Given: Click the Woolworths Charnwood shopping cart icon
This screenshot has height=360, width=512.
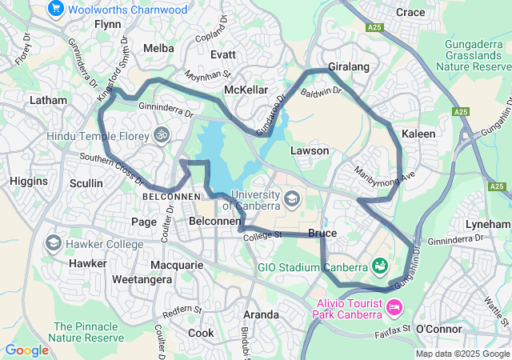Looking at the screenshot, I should (55, 9).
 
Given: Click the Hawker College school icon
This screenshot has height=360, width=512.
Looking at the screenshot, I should (54, 242).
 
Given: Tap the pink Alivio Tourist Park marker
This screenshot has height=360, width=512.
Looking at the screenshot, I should (394, 306).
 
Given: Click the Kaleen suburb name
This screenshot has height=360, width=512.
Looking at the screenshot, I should (418, 134).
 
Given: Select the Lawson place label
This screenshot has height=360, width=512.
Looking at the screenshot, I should (310, 150).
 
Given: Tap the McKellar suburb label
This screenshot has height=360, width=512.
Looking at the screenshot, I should (246, 90).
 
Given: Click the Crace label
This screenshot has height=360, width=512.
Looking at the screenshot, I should (410, 12).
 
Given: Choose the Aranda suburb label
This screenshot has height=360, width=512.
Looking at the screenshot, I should (261, 314).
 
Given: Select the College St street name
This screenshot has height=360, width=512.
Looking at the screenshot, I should (264, 235).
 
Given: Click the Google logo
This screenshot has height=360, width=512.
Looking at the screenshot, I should (26, 350).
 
